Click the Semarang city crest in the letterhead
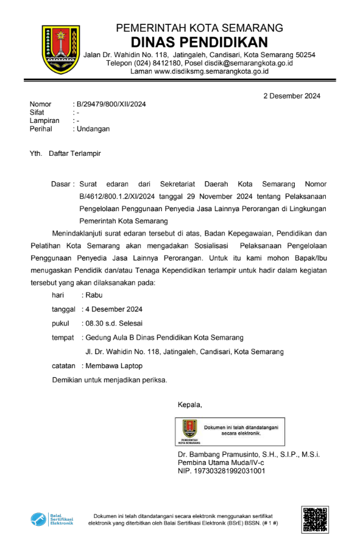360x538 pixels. (x=60, y=49)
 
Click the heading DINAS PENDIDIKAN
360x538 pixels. (x=199, y=42)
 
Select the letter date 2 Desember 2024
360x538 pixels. (x=291, y=96)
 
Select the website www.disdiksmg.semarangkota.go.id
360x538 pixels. (x=211, y=71)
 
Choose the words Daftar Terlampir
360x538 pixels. (x=74, y=153)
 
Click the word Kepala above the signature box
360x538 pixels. (x=189, y=405)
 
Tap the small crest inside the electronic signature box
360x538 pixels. (x=188, y=428)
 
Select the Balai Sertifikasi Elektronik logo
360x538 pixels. (x=52, y=519)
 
